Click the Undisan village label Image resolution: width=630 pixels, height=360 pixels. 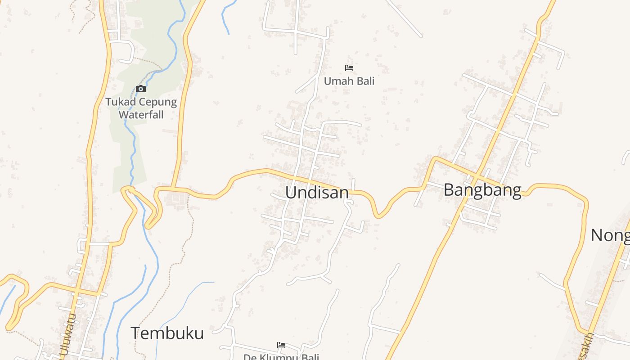[x=317, y=193]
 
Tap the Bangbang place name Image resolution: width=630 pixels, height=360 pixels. [x=482, y=190]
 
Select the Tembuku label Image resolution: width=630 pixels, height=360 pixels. [x=167, y=333]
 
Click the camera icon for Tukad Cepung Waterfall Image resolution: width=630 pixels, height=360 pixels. [x=141, y=89]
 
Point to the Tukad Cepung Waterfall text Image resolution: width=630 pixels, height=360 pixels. [x=141, y=108]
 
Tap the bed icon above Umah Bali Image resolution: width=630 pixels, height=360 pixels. [x=349, y=68]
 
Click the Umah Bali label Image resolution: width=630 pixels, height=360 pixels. [x=349, y=81]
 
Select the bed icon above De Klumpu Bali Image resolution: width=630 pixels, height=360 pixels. [x=281, y=345]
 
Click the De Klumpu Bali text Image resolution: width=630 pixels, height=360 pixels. [x=281, y=357]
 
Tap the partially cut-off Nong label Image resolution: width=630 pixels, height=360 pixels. [x=610, y=235]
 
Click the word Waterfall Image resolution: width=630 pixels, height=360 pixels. [x=141, y=114]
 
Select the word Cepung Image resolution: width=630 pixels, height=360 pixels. [x=158, y=102]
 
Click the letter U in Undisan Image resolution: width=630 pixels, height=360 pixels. [x=291, y=193]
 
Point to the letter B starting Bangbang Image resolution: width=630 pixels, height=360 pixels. [x=449, y=190]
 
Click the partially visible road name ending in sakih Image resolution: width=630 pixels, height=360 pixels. [x=587, y=346]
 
